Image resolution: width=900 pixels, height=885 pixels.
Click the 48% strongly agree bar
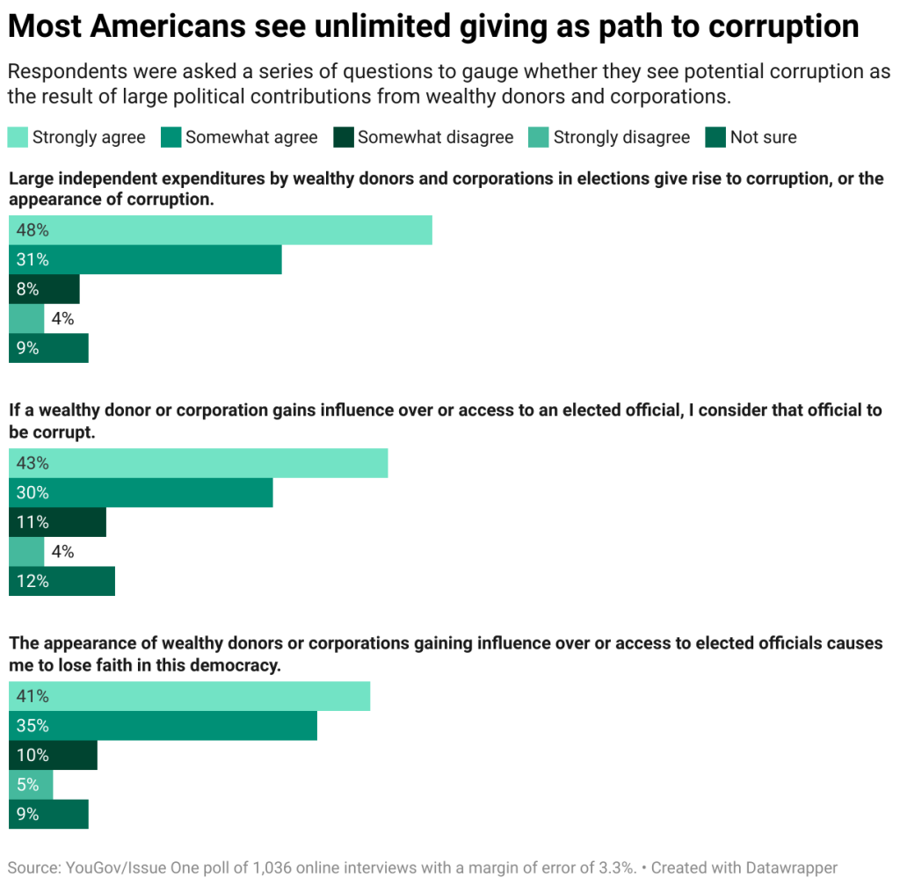221,230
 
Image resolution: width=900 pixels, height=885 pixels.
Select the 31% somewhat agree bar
145,260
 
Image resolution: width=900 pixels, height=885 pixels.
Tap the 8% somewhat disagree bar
44,289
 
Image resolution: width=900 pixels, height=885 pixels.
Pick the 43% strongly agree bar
199,463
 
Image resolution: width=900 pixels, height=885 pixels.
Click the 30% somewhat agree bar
141,493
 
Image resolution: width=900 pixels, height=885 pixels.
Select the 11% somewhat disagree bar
57,522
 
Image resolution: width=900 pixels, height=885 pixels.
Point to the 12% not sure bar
62,581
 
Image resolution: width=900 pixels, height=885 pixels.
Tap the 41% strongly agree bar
190,696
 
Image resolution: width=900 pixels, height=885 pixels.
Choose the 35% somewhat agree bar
163,726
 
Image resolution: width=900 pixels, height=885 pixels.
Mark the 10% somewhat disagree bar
53,755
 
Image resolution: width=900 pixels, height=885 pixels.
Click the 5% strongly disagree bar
31,785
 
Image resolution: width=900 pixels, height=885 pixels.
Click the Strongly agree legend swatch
18,137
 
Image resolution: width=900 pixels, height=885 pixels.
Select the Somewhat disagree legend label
435,137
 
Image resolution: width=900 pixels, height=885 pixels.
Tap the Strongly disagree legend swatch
538,137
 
